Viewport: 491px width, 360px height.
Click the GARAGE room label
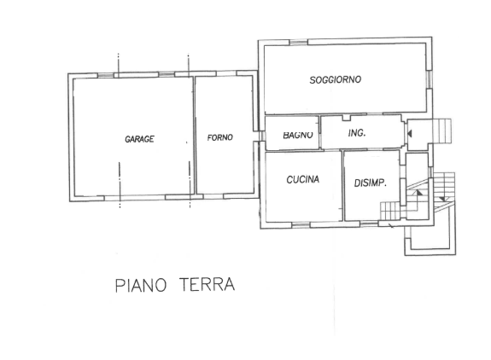coord(138,139)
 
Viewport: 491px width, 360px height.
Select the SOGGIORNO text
coord(335,79)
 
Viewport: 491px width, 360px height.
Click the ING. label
coord(356,133)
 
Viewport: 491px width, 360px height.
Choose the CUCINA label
coord(303,180)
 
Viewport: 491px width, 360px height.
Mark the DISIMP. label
coord(371,183)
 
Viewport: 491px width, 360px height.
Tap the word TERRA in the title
coord(206,284)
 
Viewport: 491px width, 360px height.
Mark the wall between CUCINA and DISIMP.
coord(342,184)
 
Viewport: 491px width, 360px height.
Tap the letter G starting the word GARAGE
coord(127,139)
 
